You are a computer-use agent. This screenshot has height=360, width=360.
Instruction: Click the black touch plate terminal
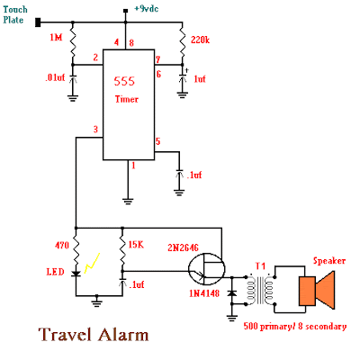tap(38, 22)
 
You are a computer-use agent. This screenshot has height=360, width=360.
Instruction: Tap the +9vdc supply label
tap(147, 9)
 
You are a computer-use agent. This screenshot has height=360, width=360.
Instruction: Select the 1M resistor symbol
tap(73, 41)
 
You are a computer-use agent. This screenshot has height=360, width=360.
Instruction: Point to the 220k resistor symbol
tap(182, 41)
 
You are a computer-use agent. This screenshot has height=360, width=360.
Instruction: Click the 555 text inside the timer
tap(124, 81)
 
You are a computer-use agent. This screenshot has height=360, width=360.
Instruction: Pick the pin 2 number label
tap(95, 58)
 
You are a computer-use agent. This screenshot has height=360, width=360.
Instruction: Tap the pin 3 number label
tap(95, 130)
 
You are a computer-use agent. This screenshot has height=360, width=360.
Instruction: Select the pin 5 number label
tap(157, 141)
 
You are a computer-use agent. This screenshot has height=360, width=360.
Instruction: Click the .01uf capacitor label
tap(55, 77)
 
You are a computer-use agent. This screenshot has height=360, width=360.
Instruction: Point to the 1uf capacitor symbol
tap(182, 78)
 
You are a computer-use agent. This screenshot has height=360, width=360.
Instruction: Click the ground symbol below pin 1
tap(128, 201)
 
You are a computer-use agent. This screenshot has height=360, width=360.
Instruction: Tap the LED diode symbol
tap(76, 273)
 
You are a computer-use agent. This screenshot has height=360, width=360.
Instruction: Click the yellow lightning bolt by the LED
tap(92, 263)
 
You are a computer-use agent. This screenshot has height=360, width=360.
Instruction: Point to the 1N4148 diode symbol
tap(231, 293)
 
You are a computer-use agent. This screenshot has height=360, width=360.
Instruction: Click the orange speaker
tap(317, 290)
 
